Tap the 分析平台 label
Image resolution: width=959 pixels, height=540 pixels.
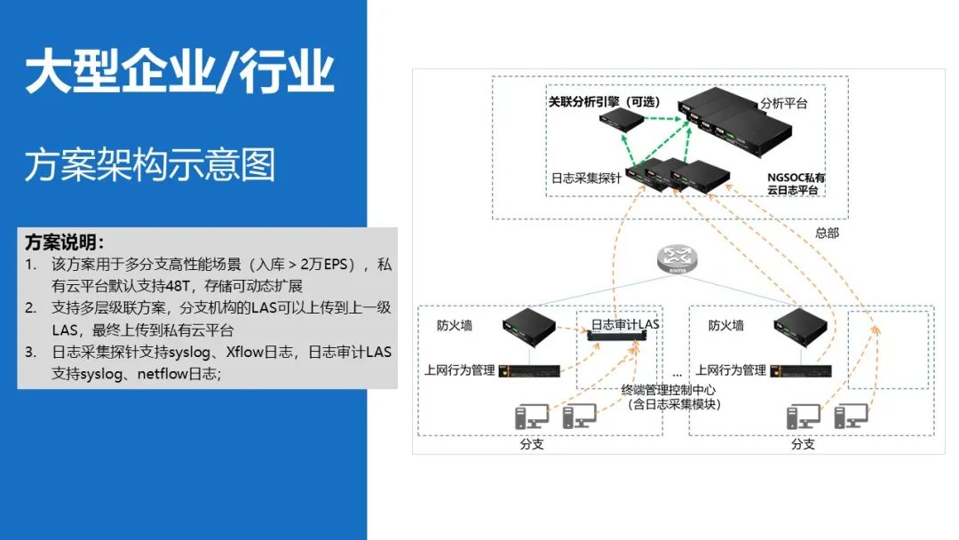point(784,104)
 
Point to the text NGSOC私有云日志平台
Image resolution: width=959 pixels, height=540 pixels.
point(797,183)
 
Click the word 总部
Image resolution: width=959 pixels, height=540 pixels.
point(827,233)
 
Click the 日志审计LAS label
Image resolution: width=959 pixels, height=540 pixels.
point(625,324)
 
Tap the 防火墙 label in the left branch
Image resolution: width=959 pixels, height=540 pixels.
point(455,325)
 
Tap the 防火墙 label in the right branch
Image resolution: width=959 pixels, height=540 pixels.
point(726,325)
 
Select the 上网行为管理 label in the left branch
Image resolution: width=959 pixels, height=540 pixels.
point(460,370)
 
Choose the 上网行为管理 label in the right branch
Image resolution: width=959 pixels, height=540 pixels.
point(731,370)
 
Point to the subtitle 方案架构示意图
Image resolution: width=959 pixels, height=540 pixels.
point(150,164)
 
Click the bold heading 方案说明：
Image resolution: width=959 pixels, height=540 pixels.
point(65,242)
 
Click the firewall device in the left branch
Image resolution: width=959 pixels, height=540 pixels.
point(530,324)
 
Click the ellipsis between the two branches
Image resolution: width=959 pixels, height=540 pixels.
point(676,370)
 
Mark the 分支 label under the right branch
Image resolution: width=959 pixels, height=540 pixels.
point(803,444)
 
